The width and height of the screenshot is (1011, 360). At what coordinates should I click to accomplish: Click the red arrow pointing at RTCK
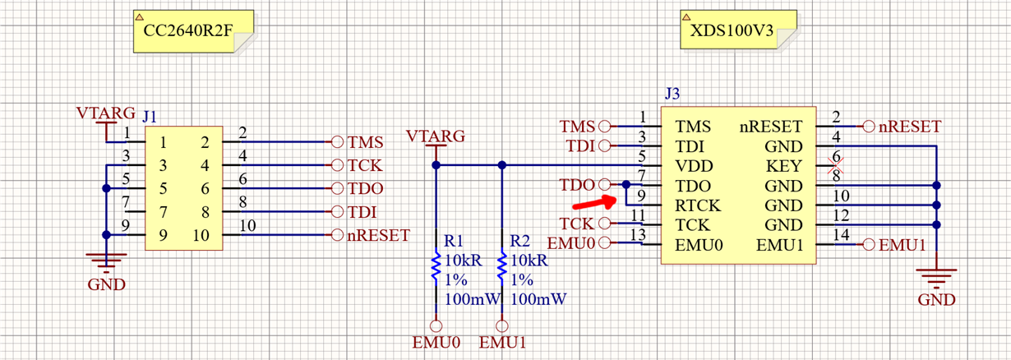pyautogui.click(x=593, y=201)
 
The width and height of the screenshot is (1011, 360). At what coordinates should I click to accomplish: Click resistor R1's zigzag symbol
pyautogui.click(x=435, y=267)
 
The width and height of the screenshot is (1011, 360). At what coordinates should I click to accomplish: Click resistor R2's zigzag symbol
pyautogui.click(x=501, y=267)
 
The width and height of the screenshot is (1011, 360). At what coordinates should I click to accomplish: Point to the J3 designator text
pyautogui.click(x=672, y=95)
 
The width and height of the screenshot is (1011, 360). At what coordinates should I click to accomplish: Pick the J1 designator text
pyautogui.click(x=151, y=117)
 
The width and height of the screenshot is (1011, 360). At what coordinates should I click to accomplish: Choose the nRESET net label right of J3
pyautogui.click(x=909, y=127)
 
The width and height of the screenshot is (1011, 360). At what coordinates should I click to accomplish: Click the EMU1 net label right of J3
pyautogui.click(x=903, y=245)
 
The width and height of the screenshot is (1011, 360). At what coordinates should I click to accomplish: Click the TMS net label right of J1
pyautogui.click(x=366, y=141)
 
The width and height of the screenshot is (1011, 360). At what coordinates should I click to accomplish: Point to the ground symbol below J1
pyautogui.click(x=106, y=261)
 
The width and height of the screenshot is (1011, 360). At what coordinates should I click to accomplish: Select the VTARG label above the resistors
pyautogui.click(x=435, y=136)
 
